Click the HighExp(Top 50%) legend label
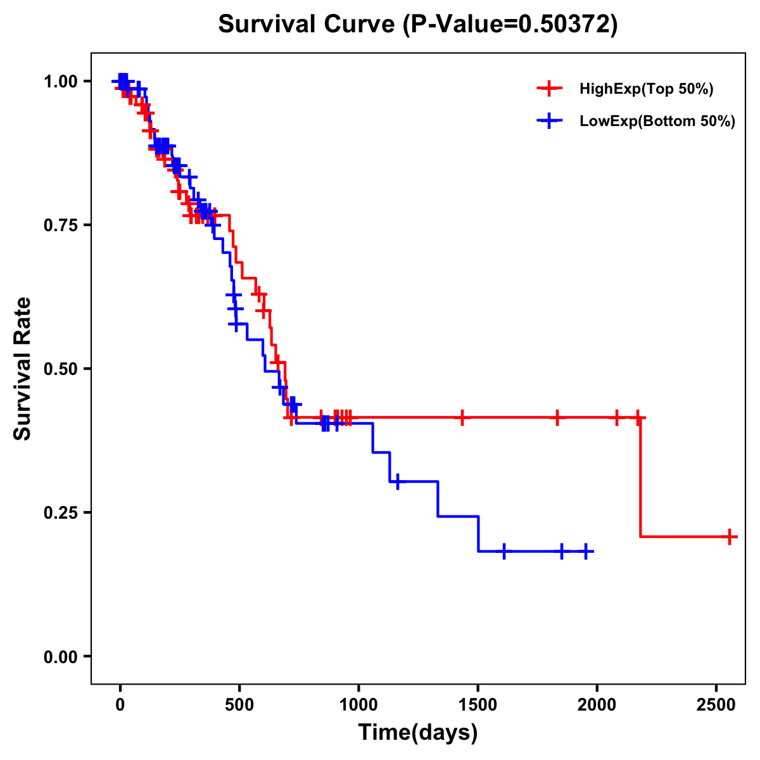(x=646, y=89)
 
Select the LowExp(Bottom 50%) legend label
(x=657, y=122)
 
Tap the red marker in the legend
(x=550, y=89)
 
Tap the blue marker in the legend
(x=550, y=121)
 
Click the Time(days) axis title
(x=418, y=733)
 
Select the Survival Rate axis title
(x=23, y=369)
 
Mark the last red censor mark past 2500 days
(x=730, y=536)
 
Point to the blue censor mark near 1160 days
(x=397, y=481)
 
